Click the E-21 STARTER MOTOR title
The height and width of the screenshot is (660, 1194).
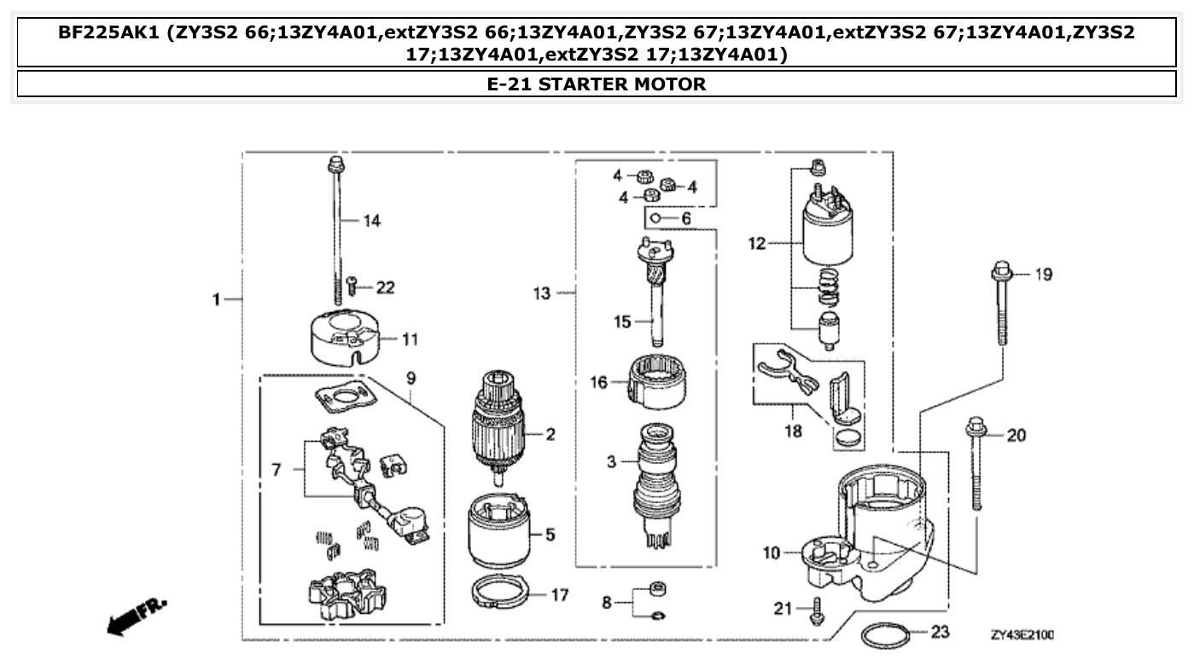coord(596,84)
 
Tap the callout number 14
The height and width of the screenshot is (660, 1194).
coord(371,221)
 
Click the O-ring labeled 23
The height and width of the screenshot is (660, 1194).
coord(883,635)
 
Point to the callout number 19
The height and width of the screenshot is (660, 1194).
coord(1044,275)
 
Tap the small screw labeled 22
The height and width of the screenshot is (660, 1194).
coord(352,287)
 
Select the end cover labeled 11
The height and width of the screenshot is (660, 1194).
coord(342,339)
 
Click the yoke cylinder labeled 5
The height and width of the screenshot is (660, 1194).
coord(499,533)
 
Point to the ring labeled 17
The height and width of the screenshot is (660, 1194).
coord(500,592)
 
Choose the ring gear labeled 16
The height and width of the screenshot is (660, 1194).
coord(658,382)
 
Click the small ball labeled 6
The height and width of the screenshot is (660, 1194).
coord(655,219)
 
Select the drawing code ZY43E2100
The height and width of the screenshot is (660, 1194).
coord(1022,635)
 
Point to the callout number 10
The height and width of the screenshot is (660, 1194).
coord(772,553)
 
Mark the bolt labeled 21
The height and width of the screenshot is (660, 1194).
coord(817,611)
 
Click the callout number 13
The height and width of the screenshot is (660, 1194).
coord(542,293)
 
